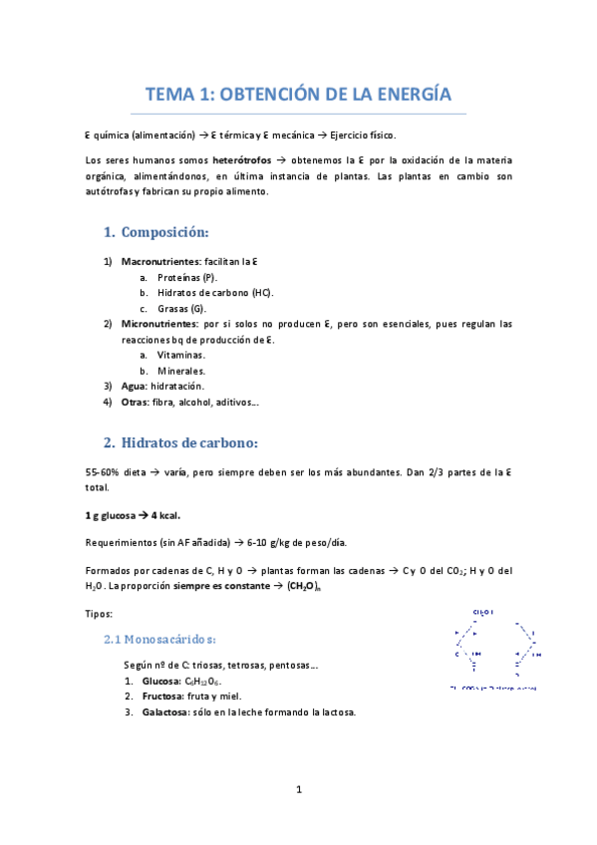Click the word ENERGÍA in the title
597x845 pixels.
[413, 95]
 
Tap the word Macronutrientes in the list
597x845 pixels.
[159, 260]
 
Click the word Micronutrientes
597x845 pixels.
[158, 324]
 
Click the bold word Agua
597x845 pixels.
[134, 386]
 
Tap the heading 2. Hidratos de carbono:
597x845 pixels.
[180, 441]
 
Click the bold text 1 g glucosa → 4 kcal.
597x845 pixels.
[133, 515]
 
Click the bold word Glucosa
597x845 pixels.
[160, 680]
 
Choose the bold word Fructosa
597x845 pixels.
[161, 696]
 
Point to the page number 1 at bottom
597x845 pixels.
[298, 790]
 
